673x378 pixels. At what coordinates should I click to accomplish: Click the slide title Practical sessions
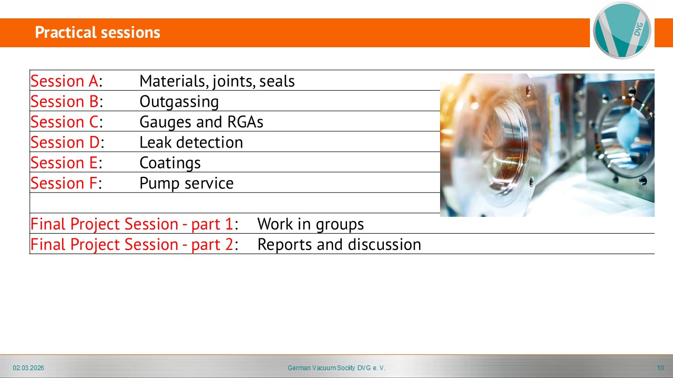click(x=97, y=33)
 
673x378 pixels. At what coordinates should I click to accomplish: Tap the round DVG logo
click(x=622, y=30)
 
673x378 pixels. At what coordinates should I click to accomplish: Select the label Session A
click(x=64, y=81)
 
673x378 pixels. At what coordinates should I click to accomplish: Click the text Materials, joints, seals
click(x=217, y=81)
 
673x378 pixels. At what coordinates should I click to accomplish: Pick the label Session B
click(x=65, y=101)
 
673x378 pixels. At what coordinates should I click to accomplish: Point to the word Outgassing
click(x=179, y=102)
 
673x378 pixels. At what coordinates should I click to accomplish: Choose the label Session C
click(x=65, y=122)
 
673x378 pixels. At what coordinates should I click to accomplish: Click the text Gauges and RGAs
click(x=201, y=122)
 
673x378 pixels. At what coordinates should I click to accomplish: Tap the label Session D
click(x=65, y=142)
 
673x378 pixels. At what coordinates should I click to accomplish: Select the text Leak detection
click(x=191, y=142)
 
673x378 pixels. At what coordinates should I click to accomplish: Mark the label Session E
click(x=64, y=163)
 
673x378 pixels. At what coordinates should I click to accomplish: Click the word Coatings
click(x=170, y=163)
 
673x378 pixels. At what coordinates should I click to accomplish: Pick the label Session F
click(x=64, y=183)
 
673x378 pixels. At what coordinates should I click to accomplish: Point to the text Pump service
click(x=187, y=183)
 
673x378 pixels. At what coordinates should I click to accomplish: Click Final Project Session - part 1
click(x=132, y=224)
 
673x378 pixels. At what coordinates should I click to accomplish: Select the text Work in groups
click(x=311, y=224)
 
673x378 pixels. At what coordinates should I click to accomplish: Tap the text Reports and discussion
click(x=339, y=245)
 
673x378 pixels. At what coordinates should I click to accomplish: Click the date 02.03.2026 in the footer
click(x=28, y=368)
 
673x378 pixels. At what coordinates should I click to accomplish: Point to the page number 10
click(x=660, y=368)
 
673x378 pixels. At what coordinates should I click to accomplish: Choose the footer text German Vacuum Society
click(x=321, y=368)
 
